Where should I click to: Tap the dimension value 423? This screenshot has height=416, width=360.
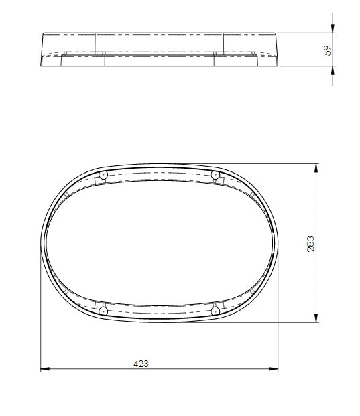click(140, 364)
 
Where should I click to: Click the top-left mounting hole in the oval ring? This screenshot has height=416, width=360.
click(103, 176)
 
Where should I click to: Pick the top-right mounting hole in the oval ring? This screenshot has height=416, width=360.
click(215, 176)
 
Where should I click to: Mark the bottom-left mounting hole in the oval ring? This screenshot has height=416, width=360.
click(103, 310)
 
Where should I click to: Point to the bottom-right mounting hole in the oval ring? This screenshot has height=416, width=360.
click(215, 310)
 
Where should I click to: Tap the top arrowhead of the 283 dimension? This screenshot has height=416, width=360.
click(316, 167)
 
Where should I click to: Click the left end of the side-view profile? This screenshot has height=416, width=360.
click(40, 57)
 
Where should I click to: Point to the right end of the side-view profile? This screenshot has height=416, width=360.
click(278, 57)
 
